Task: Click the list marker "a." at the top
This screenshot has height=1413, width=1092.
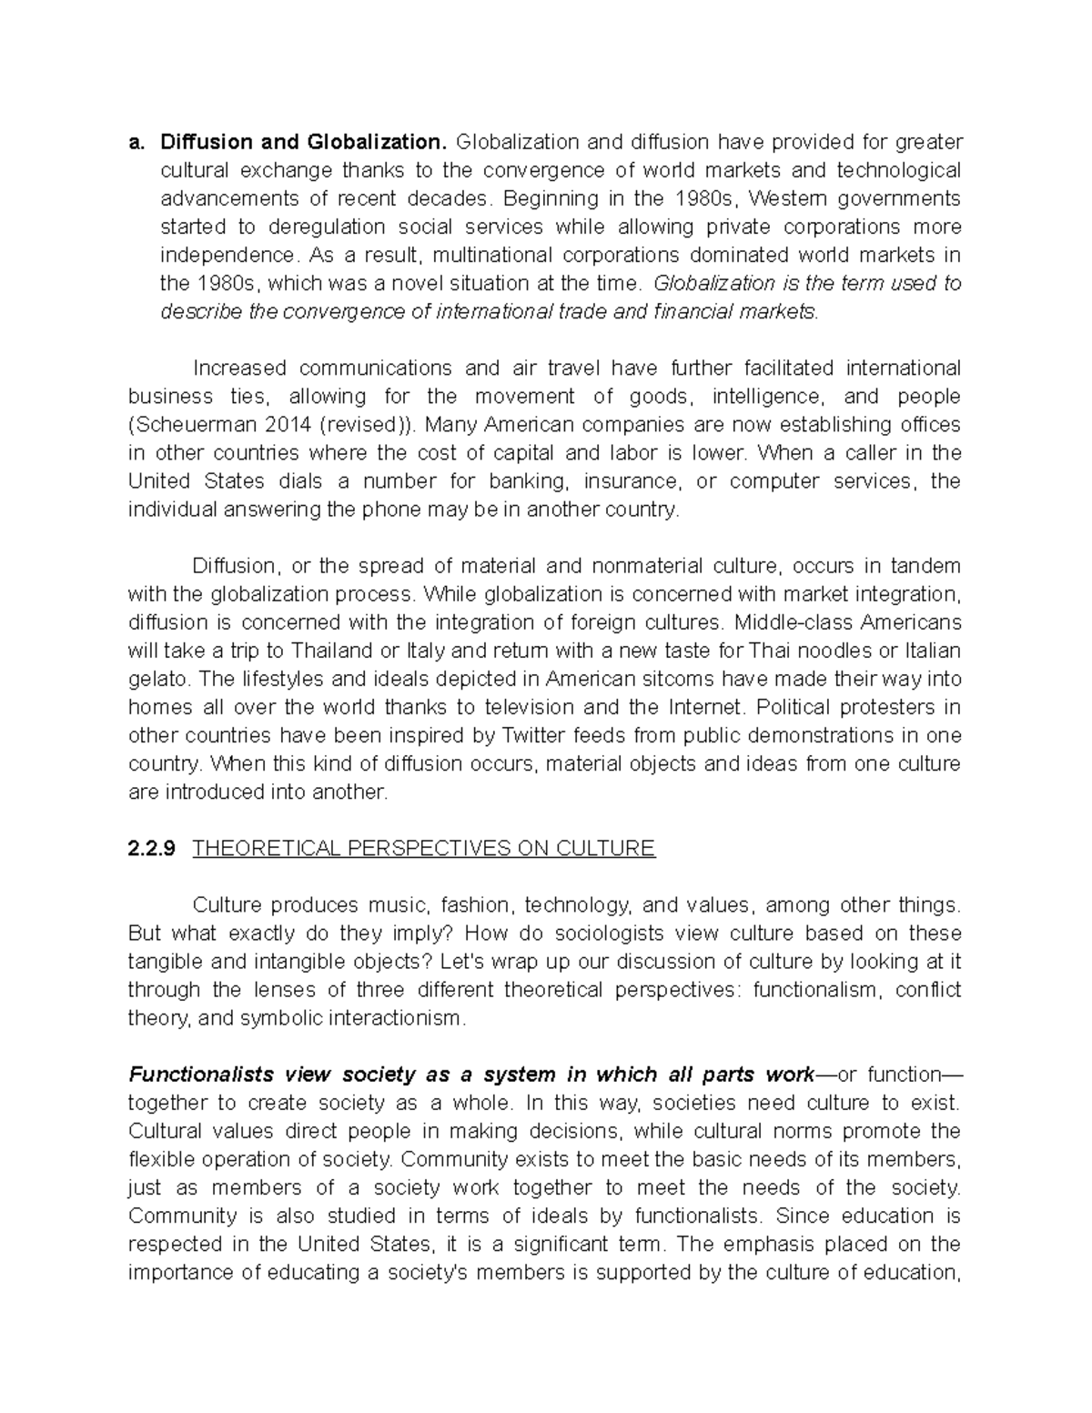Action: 137,142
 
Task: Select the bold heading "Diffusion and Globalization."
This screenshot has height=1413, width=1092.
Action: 304,142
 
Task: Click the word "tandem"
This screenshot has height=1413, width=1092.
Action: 924,566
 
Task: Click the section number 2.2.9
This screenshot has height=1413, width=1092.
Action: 152,849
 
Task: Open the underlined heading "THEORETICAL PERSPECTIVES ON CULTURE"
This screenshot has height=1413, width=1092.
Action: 424,849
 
